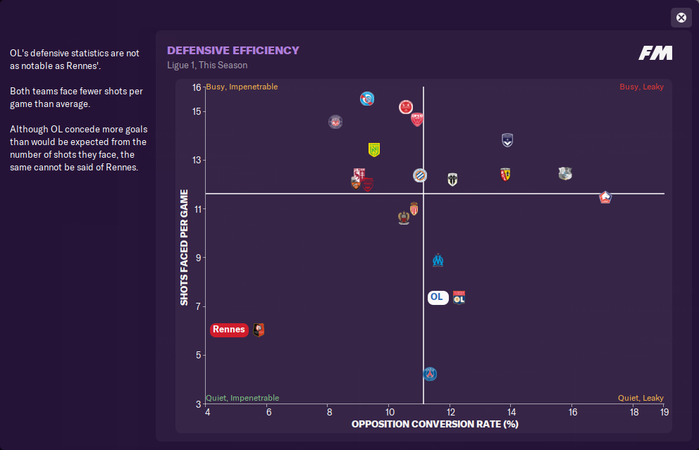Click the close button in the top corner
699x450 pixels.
pyautogui.click(x=681, y=18)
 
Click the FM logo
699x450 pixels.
pyautogui.click(x=655, y=53)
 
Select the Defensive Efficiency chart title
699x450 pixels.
pyautogui.click(x=233, y=51)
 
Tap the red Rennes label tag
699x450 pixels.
pyautogui.click(x=229, y=330)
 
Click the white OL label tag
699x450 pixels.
pyautogui.click(x=437, y=297)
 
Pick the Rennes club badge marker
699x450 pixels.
pyautogui.click(x=259, y=330)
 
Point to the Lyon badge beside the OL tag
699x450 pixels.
pyautogui.click(x=459, y=298)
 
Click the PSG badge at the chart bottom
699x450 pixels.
pyautogui.click(x=430, y=374)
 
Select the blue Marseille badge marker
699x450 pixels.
pyautogui.click(x=438, y=260)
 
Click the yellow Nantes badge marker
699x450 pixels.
pyautogui.click(x=374, y=150)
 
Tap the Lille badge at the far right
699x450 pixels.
pyautogui.click(x=605, y=197)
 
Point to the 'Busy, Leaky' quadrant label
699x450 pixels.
pyautogui.click(x=641, y=87)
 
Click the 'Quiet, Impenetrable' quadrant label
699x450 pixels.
pyautogui.click(x=242, y=398)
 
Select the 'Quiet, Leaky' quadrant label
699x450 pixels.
pyautogui.click(x=641, y=398)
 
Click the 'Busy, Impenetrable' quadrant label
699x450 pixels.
pyautogui.click(x=242, y=87)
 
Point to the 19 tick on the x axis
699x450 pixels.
pyautogui.click(x=664, y=412)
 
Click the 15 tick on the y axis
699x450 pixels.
pyautogui.click(x=197, y=111)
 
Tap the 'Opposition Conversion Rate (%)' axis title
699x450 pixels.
pyautogui.click(x=435, y=424)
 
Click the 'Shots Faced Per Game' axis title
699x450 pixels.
pyautogui.click(x=185, y=247)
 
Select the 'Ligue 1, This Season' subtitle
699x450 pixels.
pyautogui.click(x=207, y=65)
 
